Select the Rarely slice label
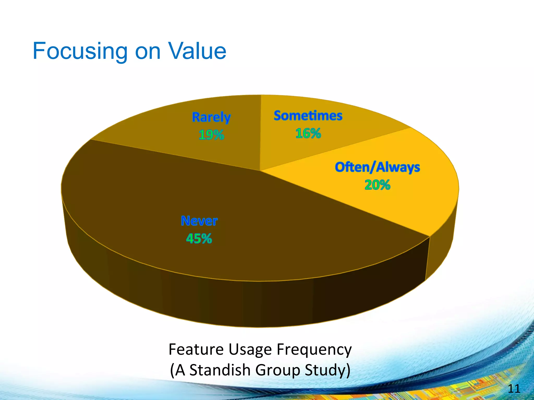pos(211,117)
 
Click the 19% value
pos(211,135)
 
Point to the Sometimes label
pos(308,116)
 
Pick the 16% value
pos(308,133)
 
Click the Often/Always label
pos(377,167)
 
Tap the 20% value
pos(377,185)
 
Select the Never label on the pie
pos(199,221)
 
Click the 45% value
pos(199,239)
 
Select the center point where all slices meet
pos(260,171)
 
